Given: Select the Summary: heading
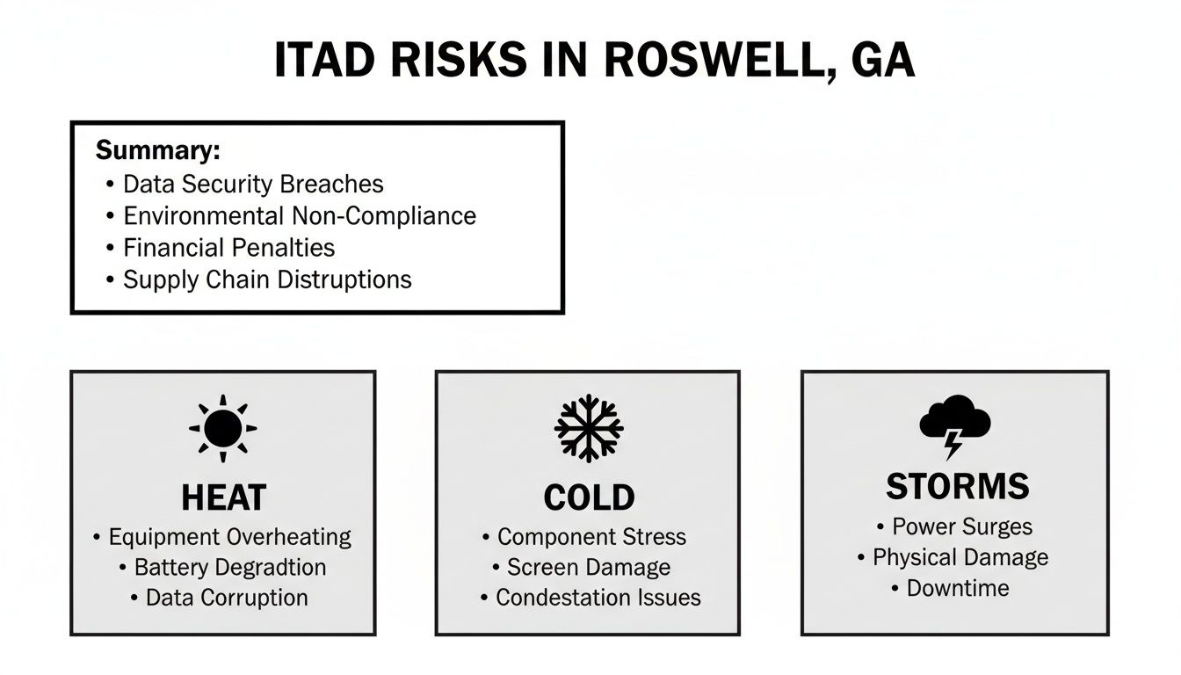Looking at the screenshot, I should coord(157,150).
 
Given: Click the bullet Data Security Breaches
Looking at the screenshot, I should coord(253,185).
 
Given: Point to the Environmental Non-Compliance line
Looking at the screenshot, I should coord(299,216).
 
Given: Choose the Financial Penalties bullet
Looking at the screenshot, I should coord(228,248).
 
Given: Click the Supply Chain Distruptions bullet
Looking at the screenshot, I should coord(267,279).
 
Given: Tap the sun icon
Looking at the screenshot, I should coord(223,428).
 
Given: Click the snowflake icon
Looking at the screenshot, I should coord(589,428).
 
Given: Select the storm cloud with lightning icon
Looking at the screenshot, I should coord(954,425).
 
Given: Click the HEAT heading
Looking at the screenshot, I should coord(223,498).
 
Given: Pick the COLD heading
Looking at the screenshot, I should coord(588,498).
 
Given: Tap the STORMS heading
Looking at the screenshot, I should coord(957,486).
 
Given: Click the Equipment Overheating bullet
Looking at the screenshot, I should coord(229,537).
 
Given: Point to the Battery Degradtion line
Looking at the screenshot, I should coord(230,567).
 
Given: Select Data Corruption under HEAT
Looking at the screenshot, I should coord(227,598).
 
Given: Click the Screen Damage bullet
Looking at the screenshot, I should coord(589,567).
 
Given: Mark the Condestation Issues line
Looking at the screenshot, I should coord(598,598).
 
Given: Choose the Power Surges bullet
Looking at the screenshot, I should coord(962,526).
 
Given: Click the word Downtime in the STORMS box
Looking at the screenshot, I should coord(958,588).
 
